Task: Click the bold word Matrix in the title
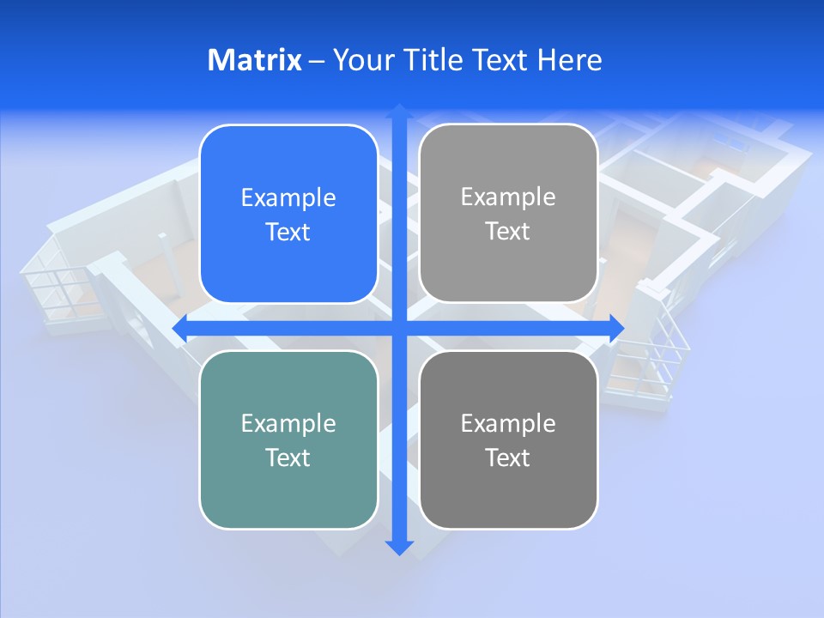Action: pyautogui.click(x=254, y=60)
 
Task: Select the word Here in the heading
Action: pyautogui.click(x=569, y=60)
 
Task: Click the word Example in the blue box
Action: pyautogui.click(x=288, y=198)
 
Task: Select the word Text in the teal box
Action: pyautogui.click(x=288, y=457)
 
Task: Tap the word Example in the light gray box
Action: pyautogui.click(x=508, y=197)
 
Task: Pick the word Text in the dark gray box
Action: pyautogui.click(x=508, y=457)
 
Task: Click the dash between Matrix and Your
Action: pyautogui.click(x=317, y=61)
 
